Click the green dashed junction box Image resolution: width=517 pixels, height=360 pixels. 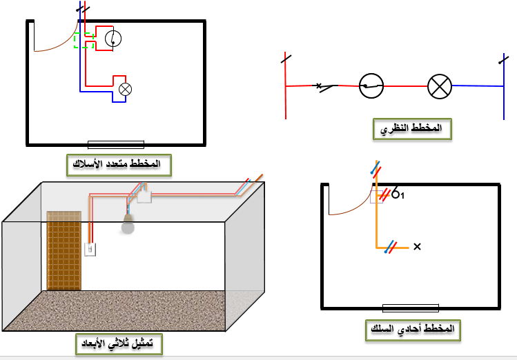[x=84, y=41]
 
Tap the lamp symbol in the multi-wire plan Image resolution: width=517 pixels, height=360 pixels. [x=126, y=89]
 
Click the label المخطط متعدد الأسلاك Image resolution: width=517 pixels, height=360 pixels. [x=118, y=165]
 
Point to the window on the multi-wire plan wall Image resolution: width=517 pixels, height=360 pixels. [x=116, y=144]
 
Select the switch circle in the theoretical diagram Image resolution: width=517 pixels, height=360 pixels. [x=371, y=86]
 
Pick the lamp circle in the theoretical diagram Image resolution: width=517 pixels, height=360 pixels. [x=439, y=86]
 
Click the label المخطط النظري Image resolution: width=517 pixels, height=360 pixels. [x=412, y=129]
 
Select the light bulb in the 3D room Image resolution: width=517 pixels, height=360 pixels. [x=127, y=223]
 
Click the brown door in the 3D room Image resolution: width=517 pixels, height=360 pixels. [x=64, y=250]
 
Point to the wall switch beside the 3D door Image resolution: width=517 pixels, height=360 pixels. [x=90, y=249]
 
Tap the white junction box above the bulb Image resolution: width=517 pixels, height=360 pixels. [x=144, y=197]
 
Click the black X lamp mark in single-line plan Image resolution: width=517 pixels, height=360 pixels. [x=416, y=246]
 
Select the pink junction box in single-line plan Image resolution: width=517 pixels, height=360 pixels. [x=377, y=197]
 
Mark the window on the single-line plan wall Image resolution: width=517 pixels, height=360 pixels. [x=411, y=308]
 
